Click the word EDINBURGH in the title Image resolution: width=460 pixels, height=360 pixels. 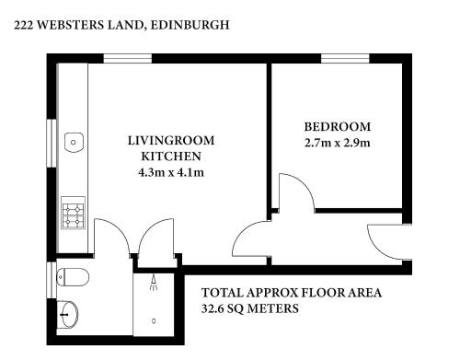point(190,25)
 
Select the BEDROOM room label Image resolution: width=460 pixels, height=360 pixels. point(338,127)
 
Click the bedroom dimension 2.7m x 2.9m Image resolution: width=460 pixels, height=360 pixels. point(338,143)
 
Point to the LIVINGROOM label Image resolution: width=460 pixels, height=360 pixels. point(171,141)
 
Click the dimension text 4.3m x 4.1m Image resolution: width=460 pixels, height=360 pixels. point(171,172)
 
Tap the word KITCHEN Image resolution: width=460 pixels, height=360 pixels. point(171,157)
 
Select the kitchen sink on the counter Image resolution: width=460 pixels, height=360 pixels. point(74,143)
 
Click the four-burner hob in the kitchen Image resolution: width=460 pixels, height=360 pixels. point(74,213)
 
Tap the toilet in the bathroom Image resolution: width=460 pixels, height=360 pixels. point(73,277)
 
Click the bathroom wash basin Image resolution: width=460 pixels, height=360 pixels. point(67,314)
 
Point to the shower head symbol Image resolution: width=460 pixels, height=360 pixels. point(154,283)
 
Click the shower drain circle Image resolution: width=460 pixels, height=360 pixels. point(154,321)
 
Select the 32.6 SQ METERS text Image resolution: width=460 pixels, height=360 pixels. point(250,308)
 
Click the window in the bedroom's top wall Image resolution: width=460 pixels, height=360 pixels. point(345,58)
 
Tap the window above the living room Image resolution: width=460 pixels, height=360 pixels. point(128,58)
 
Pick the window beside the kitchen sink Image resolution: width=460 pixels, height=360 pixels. point(52,143)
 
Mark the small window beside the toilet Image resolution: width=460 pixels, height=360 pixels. point(52,280)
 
